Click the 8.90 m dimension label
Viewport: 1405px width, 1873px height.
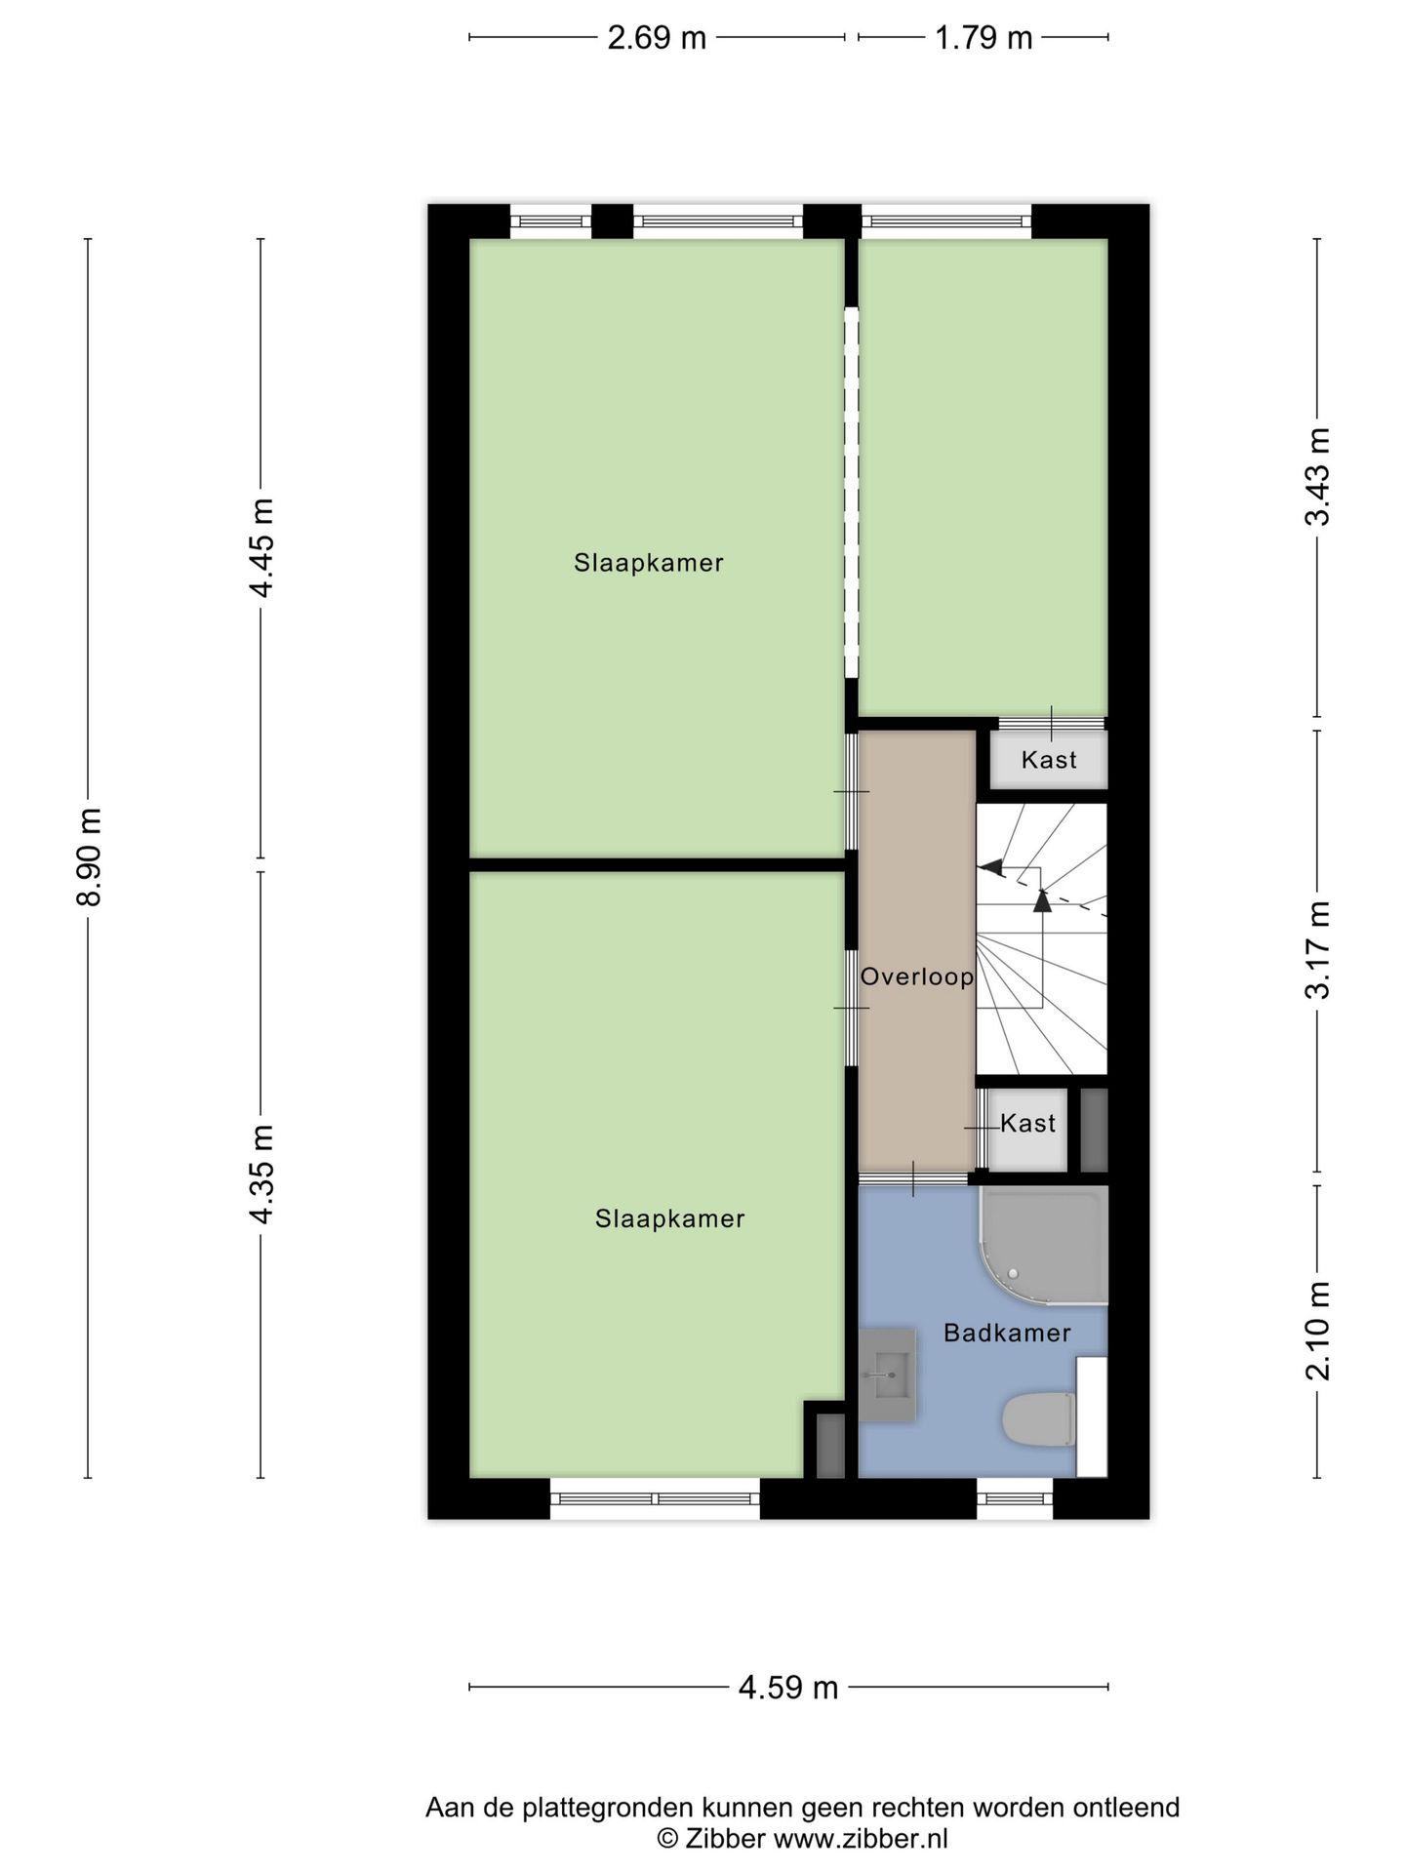tap(89, 857)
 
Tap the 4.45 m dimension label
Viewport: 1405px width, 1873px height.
tap(261, 548)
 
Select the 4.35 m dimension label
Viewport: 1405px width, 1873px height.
tap(261, 1175)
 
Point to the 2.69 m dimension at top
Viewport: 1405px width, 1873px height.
tap(657, 38)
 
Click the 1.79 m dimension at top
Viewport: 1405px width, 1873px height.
tap(983, 38)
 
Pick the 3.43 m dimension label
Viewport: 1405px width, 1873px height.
tap(1318, 477)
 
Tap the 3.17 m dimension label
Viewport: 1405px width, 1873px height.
tap(1318, 950)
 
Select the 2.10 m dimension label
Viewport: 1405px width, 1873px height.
tap(1318, 1332)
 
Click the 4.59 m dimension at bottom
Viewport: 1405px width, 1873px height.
tap(788, 1688)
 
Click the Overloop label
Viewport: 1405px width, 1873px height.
tap(917, 976)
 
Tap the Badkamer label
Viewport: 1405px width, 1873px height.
tap(1007, 1333)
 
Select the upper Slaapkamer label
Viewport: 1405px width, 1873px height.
tap(649, 563)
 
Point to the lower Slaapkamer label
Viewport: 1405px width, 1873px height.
tap(670, 1218)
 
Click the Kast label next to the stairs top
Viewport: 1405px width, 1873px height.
tap(1049, 760)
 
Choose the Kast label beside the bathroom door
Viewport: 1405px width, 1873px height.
tap(1028, 1124)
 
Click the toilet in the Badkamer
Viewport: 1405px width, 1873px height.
tap(1039, 1419)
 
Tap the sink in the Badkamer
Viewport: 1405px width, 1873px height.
tap(887, 1375)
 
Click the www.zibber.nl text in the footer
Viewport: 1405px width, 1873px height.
tap(860, 1840)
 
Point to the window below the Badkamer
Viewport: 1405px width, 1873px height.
tap(1015, 1498)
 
